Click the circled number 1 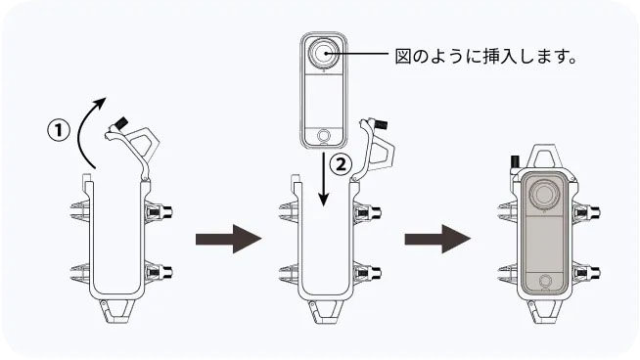(x=59, y=131)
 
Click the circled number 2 (x=341, y=164)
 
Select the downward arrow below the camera (x=324, y=179)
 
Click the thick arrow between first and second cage (x=229, y=239)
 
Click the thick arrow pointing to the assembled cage (x=437, y=239)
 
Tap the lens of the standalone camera (x=324, y=54)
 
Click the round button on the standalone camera (x=324, y=135)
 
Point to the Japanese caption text (x=485, y=57)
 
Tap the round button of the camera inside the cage (x=544, y=281)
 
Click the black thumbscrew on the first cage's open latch (x=121, y=123)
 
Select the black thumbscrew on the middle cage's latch (x=381, y=124)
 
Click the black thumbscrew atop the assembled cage (x=515, y=161)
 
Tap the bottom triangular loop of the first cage (x=117, y=312)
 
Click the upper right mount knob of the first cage (x=160, y=211)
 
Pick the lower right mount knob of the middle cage (x=369, y=272)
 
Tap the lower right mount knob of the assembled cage (x=588, y=272)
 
